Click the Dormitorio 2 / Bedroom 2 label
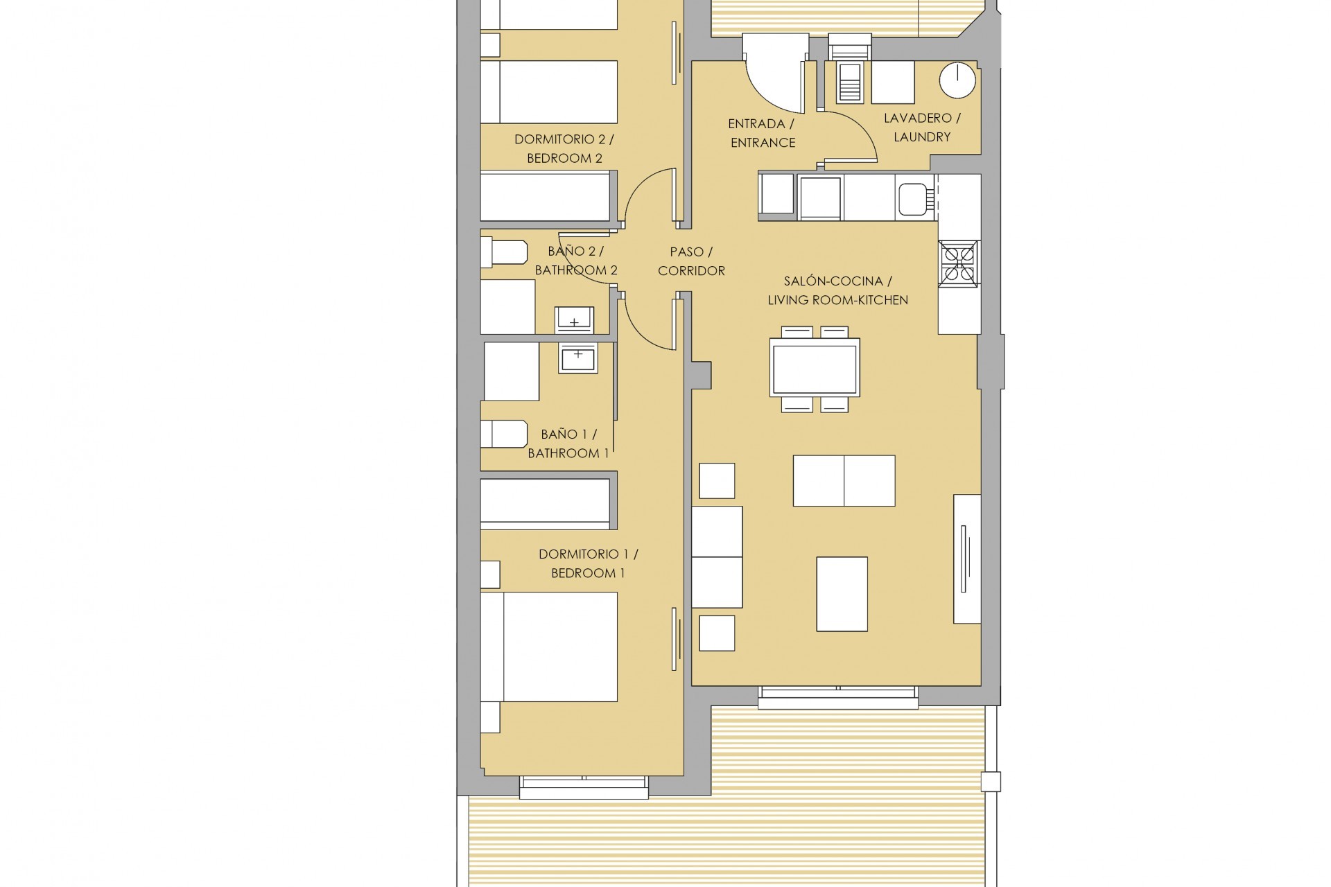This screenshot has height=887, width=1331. (564, 149)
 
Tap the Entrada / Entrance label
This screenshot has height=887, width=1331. (761, 133)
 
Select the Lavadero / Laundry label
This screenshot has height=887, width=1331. (921, 128)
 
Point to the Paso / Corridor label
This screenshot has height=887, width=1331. (691, 261)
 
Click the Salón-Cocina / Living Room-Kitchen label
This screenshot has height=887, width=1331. (837, 290)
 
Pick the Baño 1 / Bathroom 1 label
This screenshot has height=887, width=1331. (568, 443)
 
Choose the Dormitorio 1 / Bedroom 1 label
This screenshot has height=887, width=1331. (588, 563)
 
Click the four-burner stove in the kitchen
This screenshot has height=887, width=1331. (959, 263)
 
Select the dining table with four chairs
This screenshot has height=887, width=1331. (815, 367)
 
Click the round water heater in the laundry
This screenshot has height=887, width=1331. (957, 80)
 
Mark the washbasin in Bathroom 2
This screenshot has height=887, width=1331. (574, 319)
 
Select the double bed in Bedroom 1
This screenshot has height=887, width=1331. (549, 647)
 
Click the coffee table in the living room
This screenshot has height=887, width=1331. (842, 594)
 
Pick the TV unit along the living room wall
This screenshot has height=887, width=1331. (966, 559)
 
